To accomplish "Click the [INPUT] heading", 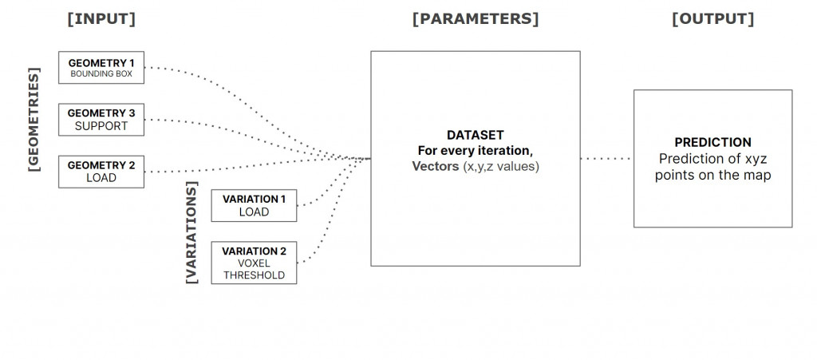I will click(101, 19).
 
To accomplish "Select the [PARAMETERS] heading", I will click(476, 19).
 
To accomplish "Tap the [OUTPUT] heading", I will click(712, 19).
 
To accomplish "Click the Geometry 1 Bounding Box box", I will click(101, 68).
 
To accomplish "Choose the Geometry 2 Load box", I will click(101, 172).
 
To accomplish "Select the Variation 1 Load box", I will click(254, 205).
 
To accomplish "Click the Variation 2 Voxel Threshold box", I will click(254, 263).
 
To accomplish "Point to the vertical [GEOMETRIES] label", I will click(34, 121).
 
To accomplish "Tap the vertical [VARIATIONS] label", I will click(191, 232).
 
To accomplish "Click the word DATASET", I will click(475, 135).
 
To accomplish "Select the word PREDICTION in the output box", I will click(712, 143).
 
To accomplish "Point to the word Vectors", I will click(436, 167).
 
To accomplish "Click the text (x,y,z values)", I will click(501, 167).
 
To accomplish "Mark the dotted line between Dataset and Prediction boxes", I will click(606, 159).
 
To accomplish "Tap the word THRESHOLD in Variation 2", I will click(254, 276).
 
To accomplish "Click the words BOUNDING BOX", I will click(101, 74).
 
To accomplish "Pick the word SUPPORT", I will click(101, 126).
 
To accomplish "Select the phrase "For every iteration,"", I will click(475, 151).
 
